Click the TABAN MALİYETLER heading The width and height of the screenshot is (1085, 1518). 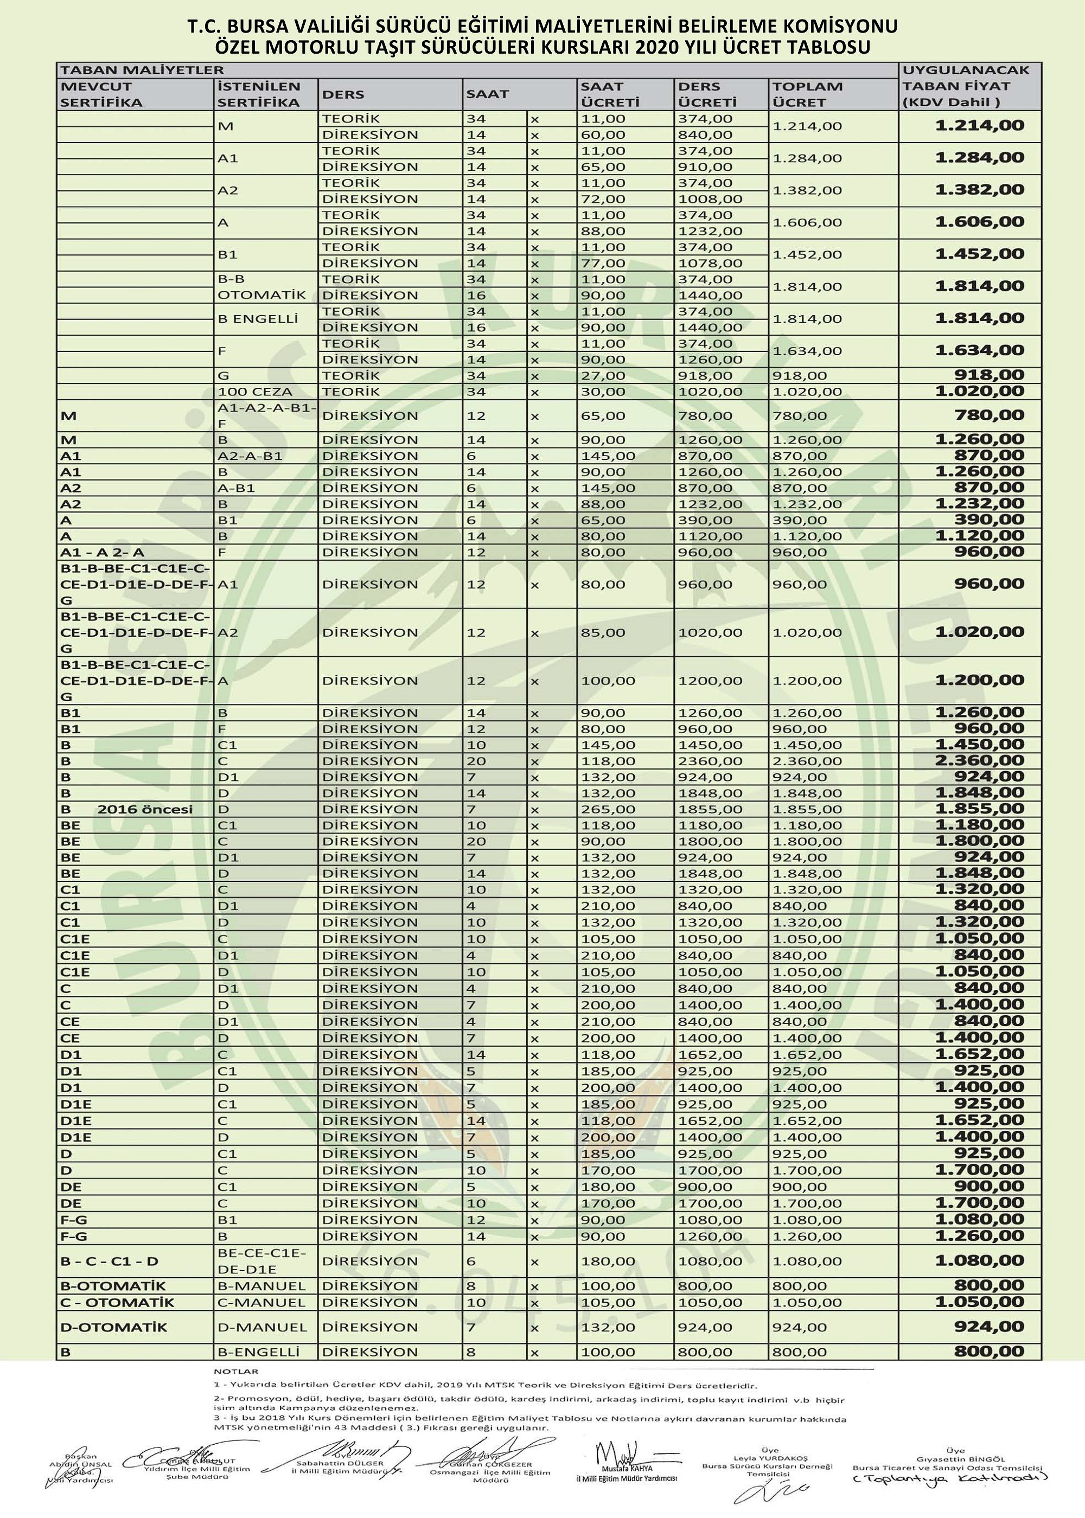[x=142, y=69]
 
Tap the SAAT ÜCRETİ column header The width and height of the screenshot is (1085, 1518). [x=609, y=94]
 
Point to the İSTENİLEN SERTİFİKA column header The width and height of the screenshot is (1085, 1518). [x=259, y=94]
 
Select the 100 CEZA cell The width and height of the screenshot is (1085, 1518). [x=254, y=392]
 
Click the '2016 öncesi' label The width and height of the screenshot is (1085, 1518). [x=145, y=809]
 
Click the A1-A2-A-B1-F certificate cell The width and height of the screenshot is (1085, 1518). [x=266, y=415]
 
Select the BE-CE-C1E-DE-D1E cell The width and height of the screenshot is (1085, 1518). [x=261, y=1261]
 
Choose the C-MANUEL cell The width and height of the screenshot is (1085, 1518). [x=261, y=1302]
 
